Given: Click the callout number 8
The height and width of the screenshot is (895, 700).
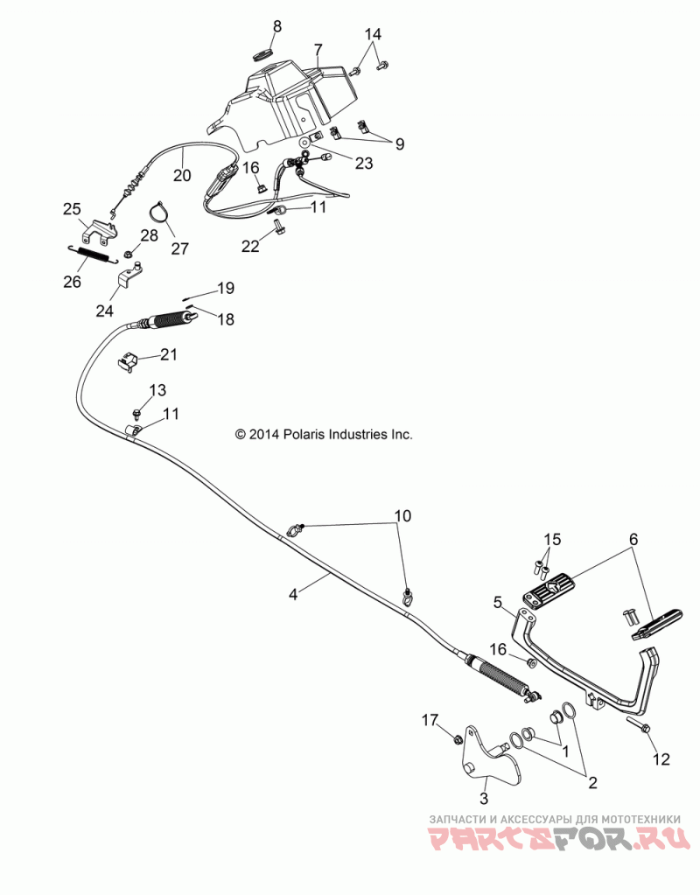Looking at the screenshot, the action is (x=276, y=26).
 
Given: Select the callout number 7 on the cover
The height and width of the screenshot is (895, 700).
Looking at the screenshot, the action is (x=318, y=49).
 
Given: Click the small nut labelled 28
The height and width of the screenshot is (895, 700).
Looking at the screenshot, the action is (x=129, y=253).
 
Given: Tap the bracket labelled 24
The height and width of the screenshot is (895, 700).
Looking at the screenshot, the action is (x=130, y=275).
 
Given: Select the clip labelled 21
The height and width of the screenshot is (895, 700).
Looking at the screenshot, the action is (x=128, y=362).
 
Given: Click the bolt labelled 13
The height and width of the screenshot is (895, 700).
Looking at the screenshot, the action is (x=136, y=411).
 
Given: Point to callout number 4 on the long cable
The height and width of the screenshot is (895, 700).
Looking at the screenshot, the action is (x=293, y=595).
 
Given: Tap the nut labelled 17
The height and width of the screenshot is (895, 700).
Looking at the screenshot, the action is (x=457, y=740).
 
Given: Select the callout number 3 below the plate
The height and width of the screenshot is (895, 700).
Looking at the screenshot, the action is (x=484, y=797).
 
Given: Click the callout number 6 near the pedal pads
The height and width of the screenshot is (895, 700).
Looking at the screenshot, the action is (x=633, y=539).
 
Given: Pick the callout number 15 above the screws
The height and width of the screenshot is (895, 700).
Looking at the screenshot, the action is (x=552, y=539).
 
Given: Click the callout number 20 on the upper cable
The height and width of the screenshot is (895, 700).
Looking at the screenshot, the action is (x=182, y=175).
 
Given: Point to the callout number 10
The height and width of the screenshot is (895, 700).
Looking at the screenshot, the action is (x=402, y=516).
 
